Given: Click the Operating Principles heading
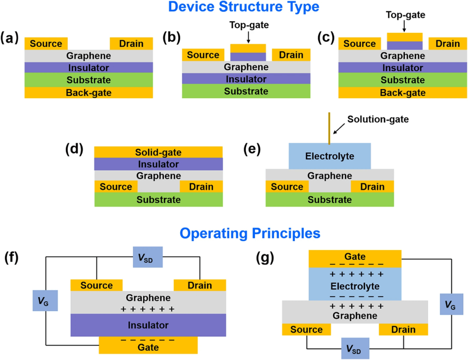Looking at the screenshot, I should point(250,233).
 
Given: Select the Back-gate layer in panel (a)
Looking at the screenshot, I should point(89,93).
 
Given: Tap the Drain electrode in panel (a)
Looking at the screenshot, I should point(132,44).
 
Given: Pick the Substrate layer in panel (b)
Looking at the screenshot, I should point(246,91).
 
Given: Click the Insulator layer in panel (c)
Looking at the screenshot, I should point(403,68).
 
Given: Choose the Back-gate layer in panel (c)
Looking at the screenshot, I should point(403,93).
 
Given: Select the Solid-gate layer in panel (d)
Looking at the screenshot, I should point(158,152).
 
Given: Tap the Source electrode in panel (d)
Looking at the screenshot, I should point(116,187).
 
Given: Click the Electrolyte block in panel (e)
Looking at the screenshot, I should point(330,156).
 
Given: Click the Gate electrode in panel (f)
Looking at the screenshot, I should point(148,346).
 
